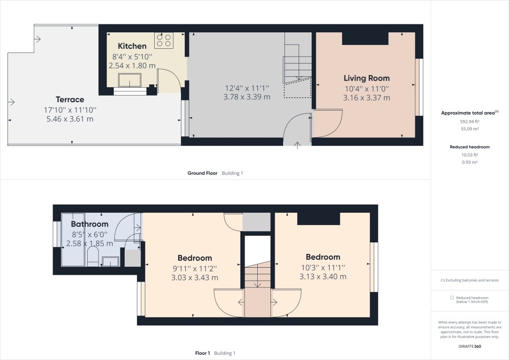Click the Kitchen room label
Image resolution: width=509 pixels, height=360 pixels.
point(132,46)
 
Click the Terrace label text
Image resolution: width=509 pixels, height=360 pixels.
point(70,99)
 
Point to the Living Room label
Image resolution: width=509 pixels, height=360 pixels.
point(367,78)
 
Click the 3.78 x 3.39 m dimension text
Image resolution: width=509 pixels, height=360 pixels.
point(247,97)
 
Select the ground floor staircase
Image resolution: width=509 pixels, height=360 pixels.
point(297,61)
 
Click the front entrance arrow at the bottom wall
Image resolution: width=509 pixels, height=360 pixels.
point(297,145)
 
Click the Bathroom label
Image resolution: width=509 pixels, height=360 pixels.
point(90,224)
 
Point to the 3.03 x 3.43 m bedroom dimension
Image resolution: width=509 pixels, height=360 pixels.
point(195,277)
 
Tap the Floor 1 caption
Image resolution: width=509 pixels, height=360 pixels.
point(202,353)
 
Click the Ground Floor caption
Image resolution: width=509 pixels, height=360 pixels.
point(202,173)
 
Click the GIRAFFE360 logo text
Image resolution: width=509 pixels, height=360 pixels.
point(469,347)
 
